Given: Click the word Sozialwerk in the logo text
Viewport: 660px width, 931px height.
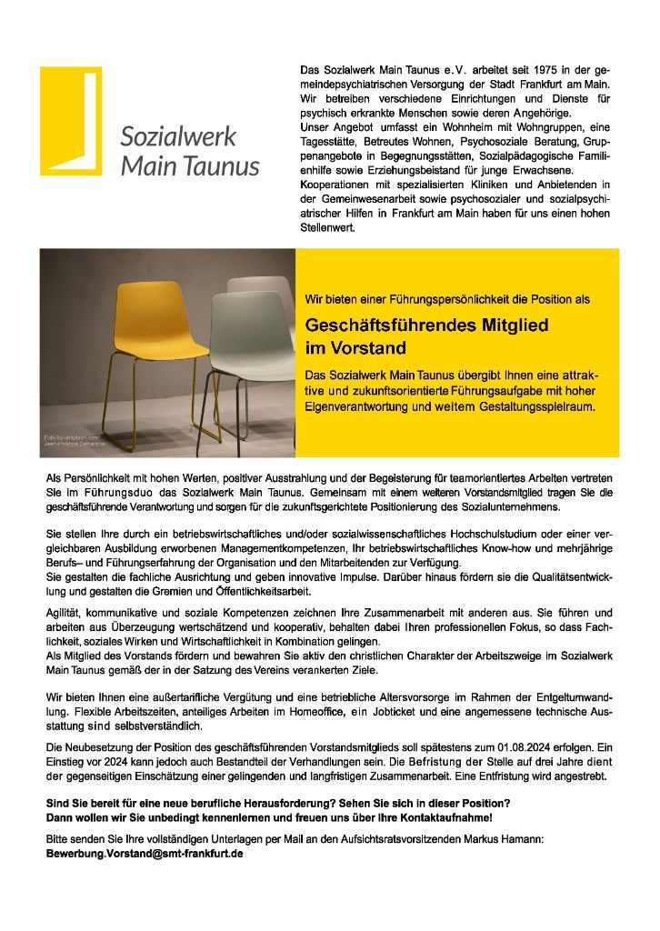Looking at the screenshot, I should (178, 137).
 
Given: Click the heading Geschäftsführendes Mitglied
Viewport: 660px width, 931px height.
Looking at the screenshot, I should (426, 325).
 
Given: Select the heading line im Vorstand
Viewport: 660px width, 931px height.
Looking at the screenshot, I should (355, 348).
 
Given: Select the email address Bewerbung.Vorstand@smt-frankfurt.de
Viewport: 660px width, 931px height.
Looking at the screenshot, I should (145, 855).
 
